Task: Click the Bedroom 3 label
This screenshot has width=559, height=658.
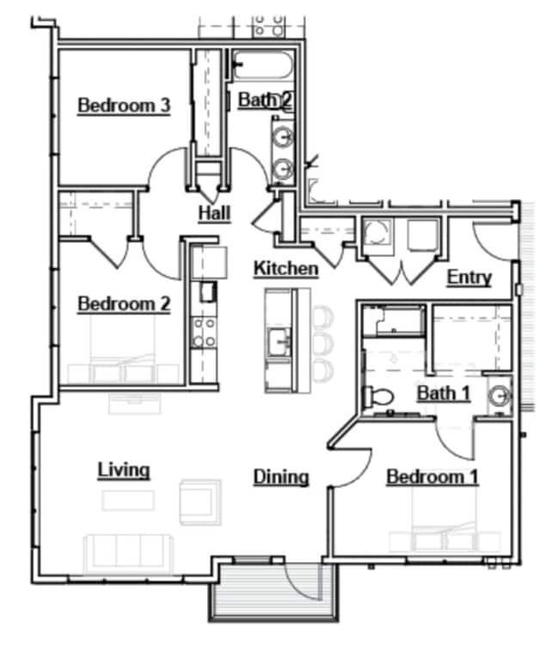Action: point(124,106)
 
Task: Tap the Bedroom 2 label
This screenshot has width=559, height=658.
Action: point(124,304)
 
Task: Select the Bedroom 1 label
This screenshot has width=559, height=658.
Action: point(432,477)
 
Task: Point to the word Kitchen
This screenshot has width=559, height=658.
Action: point(286,269)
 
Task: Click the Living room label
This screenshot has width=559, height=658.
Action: point(124,470)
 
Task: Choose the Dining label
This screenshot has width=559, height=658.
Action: point(281,477)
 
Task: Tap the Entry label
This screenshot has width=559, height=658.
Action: point(469,277)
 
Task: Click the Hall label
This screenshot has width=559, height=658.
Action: point(214,212)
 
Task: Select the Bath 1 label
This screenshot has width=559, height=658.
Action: point(444,393)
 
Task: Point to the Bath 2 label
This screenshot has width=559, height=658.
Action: point(265,101)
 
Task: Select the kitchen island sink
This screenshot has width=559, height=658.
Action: point(279,341)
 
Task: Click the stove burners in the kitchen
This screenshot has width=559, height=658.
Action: point(204,332)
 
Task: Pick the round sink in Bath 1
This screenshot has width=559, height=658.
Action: point(499,397)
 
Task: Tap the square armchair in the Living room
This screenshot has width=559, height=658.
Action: point(200,501)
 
